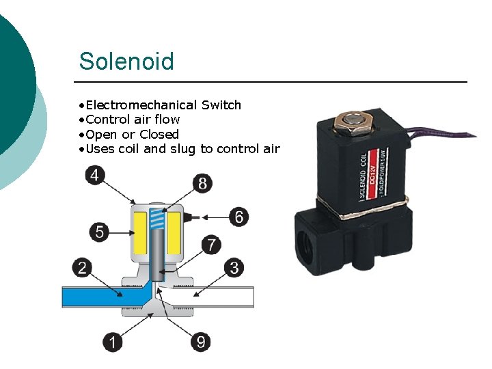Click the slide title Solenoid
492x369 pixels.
click(126, 61)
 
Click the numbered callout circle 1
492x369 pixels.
click(113, 342)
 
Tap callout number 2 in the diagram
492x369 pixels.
click(83, 267)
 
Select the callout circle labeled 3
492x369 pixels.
click(234, 267)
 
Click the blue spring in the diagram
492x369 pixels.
click(158, 219)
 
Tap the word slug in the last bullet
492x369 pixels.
click(183, 149)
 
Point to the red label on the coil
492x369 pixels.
click(372, 174)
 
